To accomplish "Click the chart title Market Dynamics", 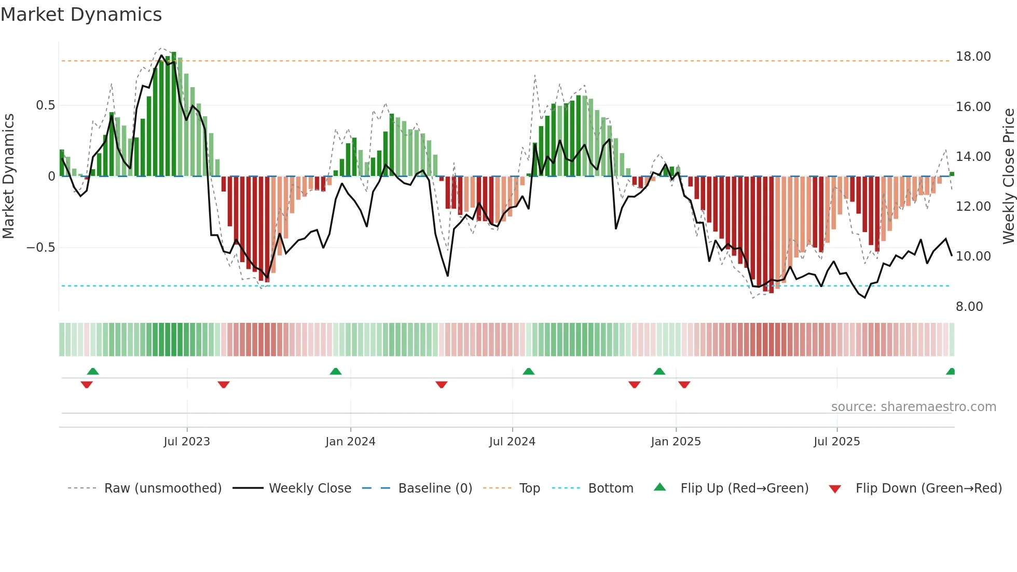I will click(x=81, y=15).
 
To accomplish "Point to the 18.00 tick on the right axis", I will click(x=973, y=57).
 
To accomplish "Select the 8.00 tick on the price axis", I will click(x=969, y=307).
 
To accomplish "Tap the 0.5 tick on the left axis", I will click(x=45, y=105).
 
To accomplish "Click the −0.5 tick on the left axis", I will click(x=41, y=248).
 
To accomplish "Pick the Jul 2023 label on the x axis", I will click(x=187, y=442).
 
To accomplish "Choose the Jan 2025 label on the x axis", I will click(x=676, y=442).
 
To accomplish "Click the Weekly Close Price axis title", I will click(x=1008, y=176).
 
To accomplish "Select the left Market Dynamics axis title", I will click(x=8, y=176).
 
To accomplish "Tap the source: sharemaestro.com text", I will click(x=913, y=407).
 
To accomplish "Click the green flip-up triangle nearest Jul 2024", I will click(x=528, y=372).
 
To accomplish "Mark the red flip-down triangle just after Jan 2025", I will click(x=684, y=385).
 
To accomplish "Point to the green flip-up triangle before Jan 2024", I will click(x=336, y=372).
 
